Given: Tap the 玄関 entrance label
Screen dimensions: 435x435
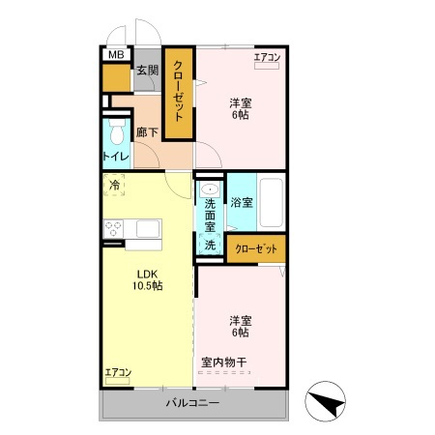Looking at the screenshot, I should [x=146, y=70].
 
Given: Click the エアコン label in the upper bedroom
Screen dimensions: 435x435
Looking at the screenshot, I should [x=267, y=58].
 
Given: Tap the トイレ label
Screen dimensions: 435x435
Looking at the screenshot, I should [x=116, y=155].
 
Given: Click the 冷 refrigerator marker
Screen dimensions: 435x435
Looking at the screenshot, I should [x=115, y=184].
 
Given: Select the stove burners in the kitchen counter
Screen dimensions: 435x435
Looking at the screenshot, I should [x=113, y=229].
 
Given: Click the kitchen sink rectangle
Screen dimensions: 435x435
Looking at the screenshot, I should [x=148, y=229].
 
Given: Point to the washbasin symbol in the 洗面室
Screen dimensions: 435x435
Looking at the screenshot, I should [x=210, y=190].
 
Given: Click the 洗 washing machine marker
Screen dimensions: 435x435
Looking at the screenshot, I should [x=210, y=246].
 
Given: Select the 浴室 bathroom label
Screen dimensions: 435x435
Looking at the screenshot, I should [x=242, y=203].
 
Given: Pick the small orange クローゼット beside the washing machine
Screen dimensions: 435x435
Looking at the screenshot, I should [x=256, y=248].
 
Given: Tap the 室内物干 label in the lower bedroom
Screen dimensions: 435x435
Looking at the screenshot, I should [x=224, y=362].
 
